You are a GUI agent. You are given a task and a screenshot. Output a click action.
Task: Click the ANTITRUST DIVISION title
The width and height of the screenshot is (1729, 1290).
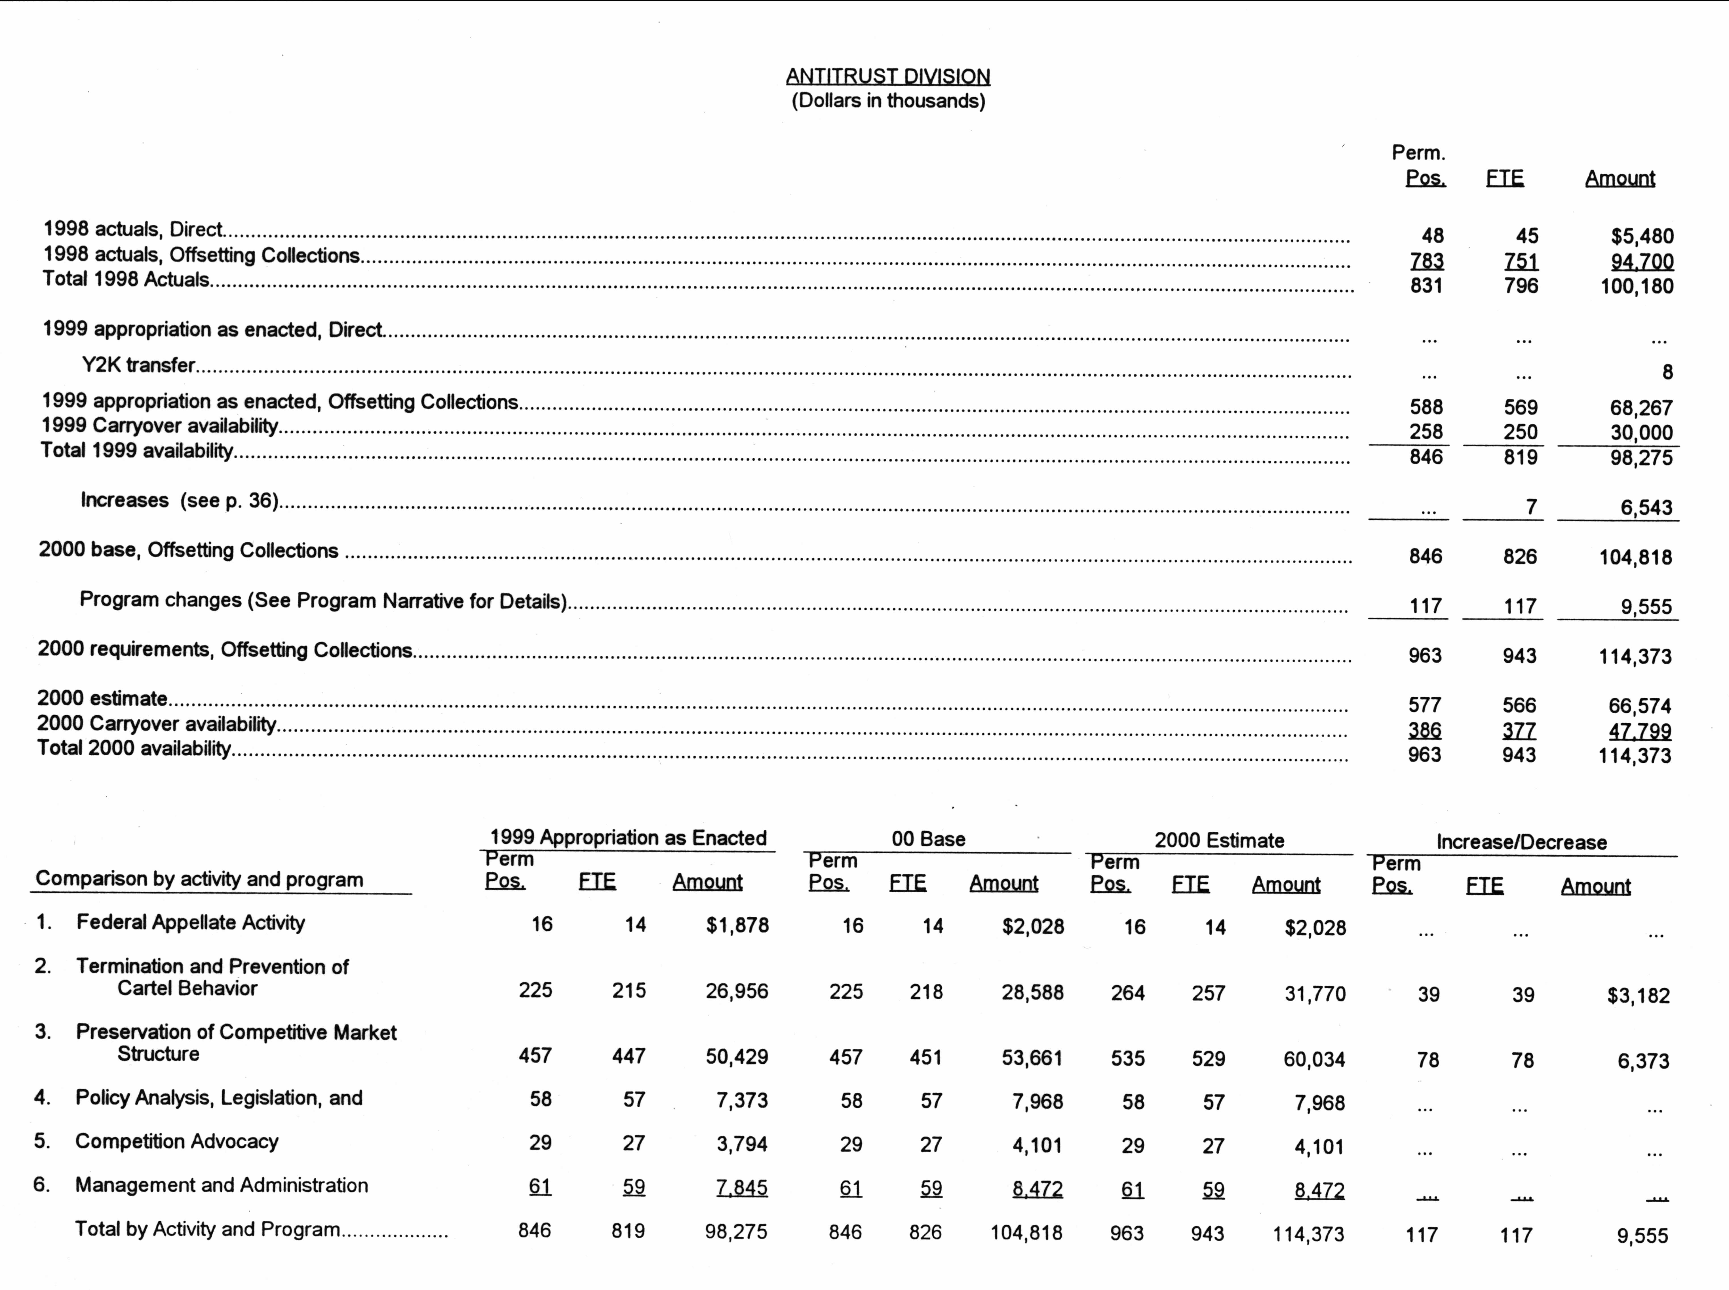click(888, 77)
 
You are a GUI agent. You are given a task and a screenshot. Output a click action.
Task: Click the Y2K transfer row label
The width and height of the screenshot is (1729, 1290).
click(138, 365)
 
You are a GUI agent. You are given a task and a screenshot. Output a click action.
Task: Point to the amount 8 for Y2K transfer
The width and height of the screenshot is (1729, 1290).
click(1667, 372)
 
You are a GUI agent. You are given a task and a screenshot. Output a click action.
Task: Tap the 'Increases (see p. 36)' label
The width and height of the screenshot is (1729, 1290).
click(180, 501)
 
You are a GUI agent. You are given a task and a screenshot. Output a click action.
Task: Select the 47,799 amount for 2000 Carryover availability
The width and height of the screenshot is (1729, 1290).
click(1639, 732)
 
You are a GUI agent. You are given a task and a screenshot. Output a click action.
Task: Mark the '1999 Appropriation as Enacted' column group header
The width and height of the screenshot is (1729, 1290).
click(628, 839)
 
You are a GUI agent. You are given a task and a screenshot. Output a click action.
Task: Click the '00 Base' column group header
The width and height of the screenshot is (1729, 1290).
click(928, 840)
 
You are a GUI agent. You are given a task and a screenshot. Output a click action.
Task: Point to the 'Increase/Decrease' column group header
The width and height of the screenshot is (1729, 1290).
click(1521, 843)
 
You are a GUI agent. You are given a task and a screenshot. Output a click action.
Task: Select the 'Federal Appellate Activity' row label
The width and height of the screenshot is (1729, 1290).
click(191, 923)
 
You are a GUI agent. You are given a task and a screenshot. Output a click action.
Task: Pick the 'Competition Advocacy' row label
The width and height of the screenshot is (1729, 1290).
click(176, 1142)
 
